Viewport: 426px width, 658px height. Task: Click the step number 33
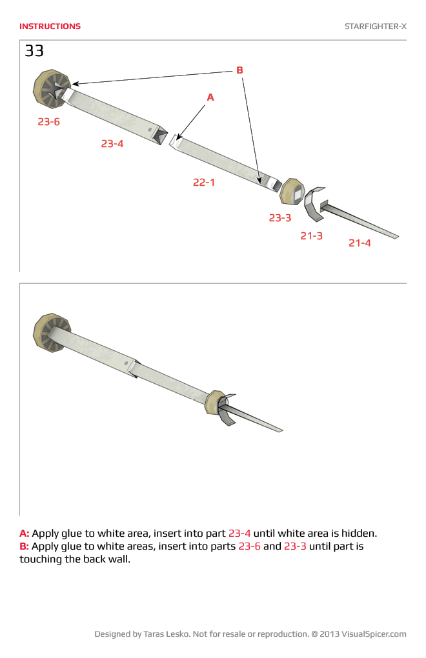[34, 51]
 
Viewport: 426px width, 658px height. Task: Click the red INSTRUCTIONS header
[50, 26]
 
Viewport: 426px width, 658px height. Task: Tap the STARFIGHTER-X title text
[375, 26]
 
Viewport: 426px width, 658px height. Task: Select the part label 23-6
[48, 121]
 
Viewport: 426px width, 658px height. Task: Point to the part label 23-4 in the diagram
[112, 144]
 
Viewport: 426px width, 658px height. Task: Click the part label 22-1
[203, 183]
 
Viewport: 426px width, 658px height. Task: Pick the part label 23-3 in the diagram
[279, 218]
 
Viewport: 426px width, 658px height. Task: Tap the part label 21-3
[311, 236]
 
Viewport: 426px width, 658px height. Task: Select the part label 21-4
[360, 243]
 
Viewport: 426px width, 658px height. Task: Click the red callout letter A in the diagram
[210, 97]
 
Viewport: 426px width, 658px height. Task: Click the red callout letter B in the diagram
[239, 70]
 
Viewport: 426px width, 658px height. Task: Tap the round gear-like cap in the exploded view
[50, 88]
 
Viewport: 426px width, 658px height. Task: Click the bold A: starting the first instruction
[25, 533]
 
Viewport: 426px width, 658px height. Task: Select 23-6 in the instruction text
[249, 546]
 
